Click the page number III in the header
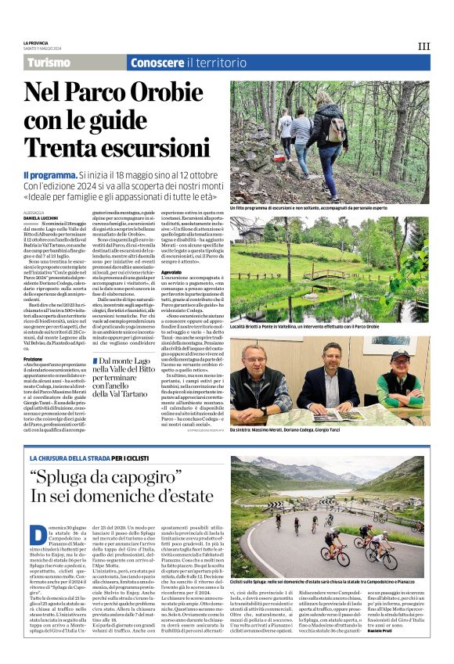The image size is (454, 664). (423, 46)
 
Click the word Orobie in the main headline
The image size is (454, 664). (165, 92)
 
